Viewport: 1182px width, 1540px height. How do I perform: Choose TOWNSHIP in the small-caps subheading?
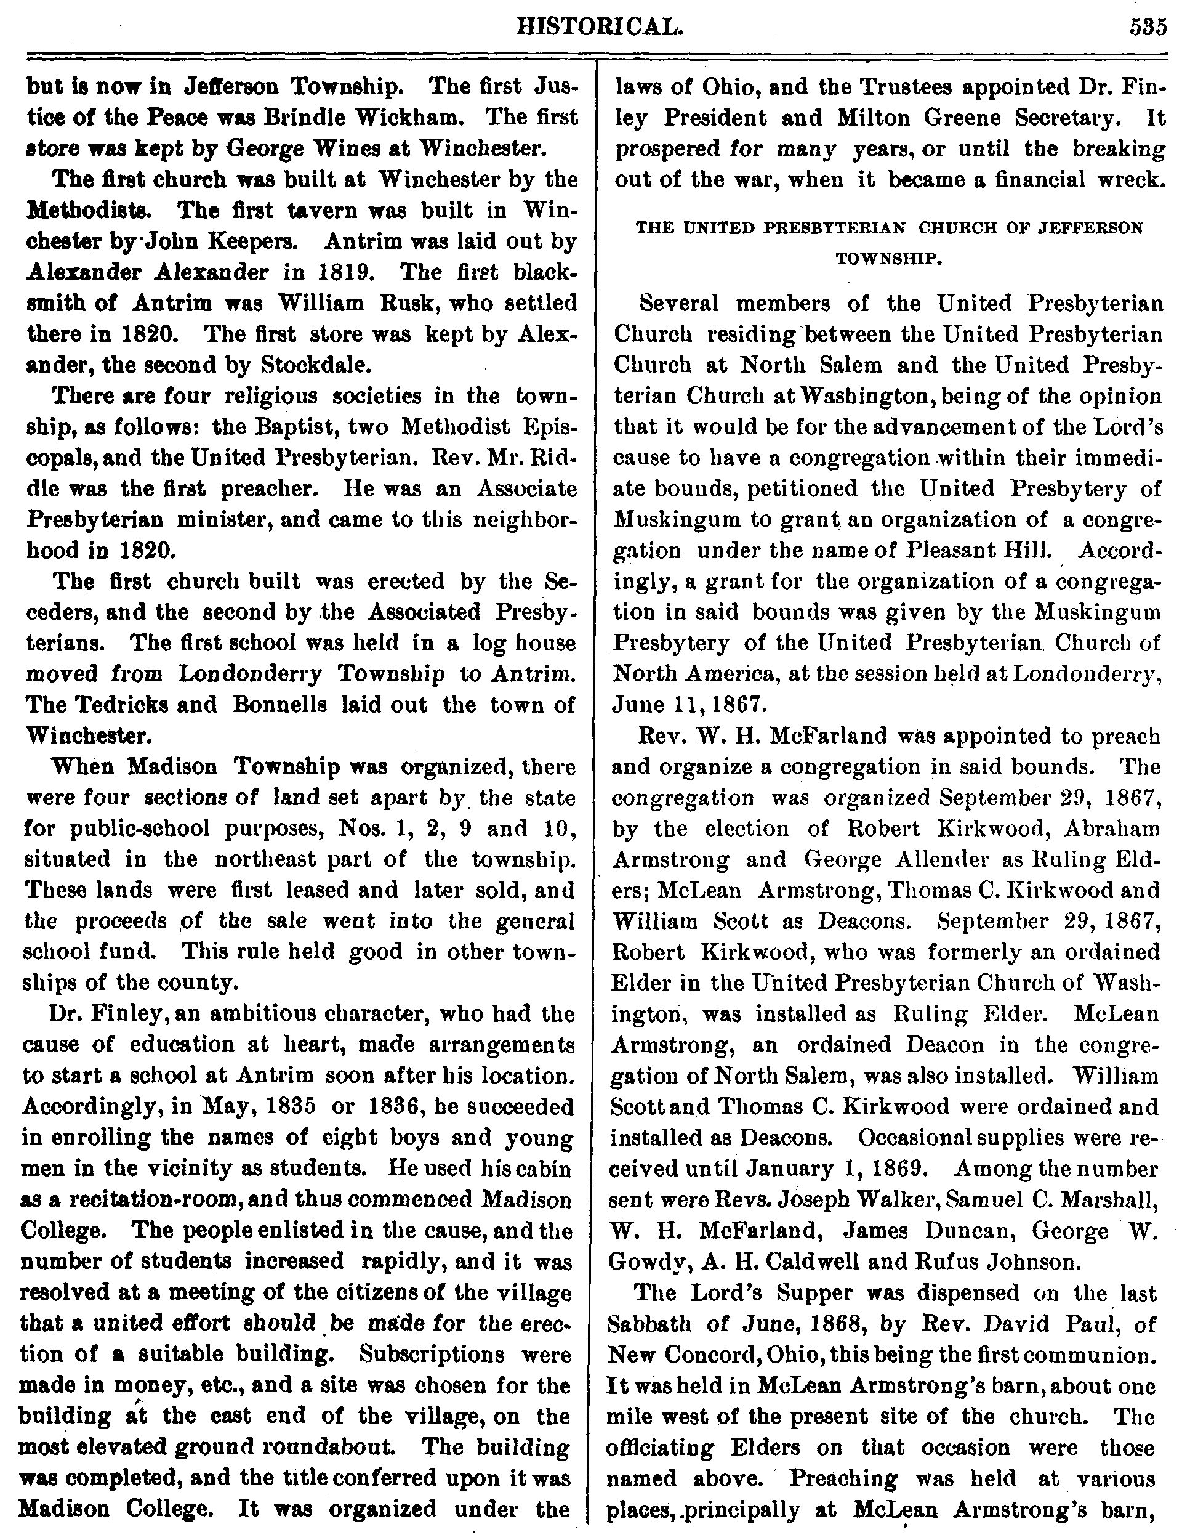pos(888,258)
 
